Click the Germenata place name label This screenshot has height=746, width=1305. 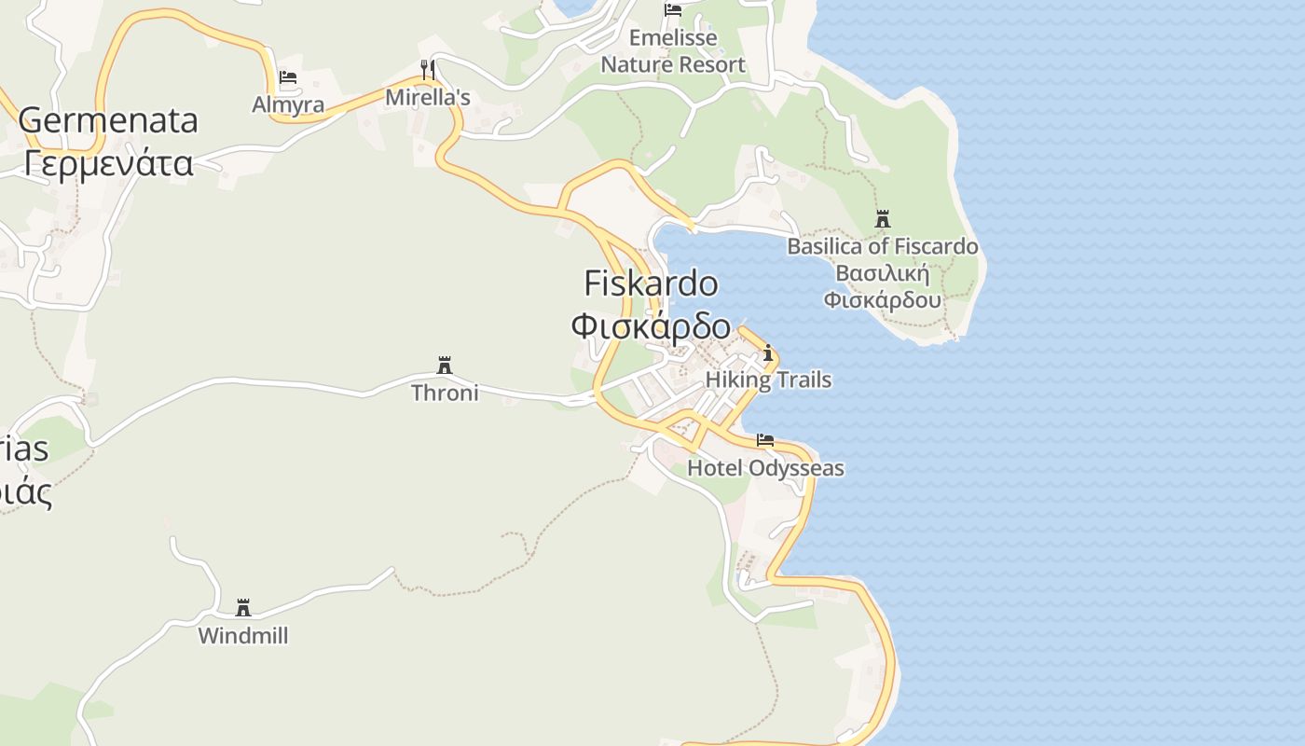click(108, 120)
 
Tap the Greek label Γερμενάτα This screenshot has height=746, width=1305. click(108, 163)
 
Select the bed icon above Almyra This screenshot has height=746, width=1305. click(288, 77)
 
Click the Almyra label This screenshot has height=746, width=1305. click(288, 104)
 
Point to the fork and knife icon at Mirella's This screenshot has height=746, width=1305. click(428, 69)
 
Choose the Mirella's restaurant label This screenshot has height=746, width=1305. click(428, 97)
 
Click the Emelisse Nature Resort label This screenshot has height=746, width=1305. click(673, 51)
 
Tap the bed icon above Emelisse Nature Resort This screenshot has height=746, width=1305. click(673, 10)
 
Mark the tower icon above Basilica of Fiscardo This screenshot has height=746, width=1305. click(883, 220)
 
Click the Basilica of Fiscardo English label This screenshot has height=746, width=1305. click(883, 246)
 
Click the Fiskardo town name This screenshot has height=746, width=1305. click(651, 283)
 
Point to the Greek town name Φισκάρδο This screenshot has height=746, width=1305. click(651, 325)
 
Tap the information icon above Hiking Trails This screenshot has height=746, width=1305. click(768, 353)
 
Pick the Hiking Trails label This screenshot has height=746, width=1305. click(768, 380)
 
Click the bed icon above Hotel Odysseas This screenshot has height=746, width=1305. click(765, 440)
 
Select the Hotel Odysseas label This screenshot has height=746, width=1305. click(765, 467)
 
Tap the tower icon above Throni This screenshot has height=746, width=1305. click(445, 366)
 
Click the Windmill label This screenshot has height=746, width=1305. click(243, 636)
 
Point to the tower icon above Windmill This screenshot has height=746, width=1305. click(243, 608)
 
